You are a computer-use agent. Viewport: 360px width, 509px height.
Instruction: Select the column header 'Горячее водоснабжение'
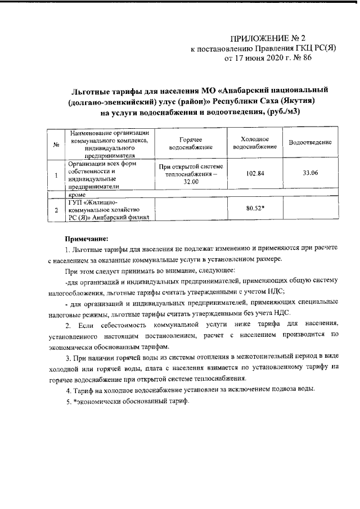tap(191, 143)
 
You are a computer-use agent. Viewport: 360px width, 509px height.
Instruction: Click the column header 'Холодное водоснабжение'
tap(254, 143)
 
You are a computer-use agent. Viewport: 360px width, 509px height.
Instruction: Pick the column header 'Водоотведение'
tap(310, 143)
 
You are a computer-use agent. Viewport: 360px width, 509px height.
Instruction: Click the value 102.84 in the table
tap(255, 173)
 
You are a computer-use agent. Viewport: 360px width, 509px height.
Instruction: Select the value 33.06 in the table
tap(310, 173)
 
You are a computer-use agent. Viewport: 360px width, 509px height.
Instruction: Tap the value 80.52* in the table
tap(255, 208)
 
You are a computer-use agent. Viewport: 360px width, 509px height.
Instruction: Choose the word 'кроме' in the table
tap(78, 194)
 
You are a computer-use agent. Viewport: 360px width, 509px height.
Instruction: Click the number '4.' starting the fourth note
tap(68, 390)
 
